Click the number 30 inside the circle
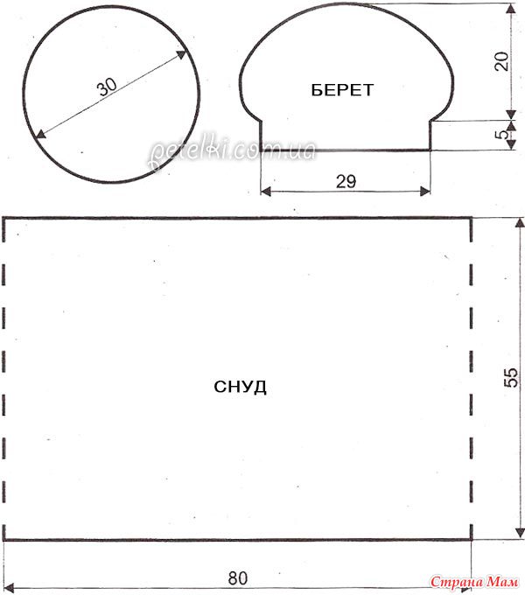108,87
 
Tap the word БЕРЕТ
342,90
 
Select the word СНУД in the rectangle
240,387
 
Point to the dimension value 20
501,61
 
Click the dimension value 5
502,134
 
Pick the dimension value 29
346,181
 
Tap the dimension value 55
511,377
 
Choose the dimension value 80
238,578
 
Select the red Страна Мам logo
474,581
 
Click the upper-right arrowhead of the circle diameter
182,54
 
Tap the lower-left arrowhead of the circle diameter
40,134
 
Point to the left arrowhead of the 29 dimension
266,192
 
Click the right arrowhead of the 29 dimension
425,192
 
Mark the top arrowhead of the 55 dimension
519,223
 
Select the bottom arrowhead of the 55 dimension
519,533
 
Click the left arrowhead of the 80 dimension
9,587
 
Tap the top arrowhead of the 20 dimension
511,9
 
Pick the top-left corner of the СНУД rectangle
3,218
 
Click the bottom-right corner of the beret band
430,150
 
